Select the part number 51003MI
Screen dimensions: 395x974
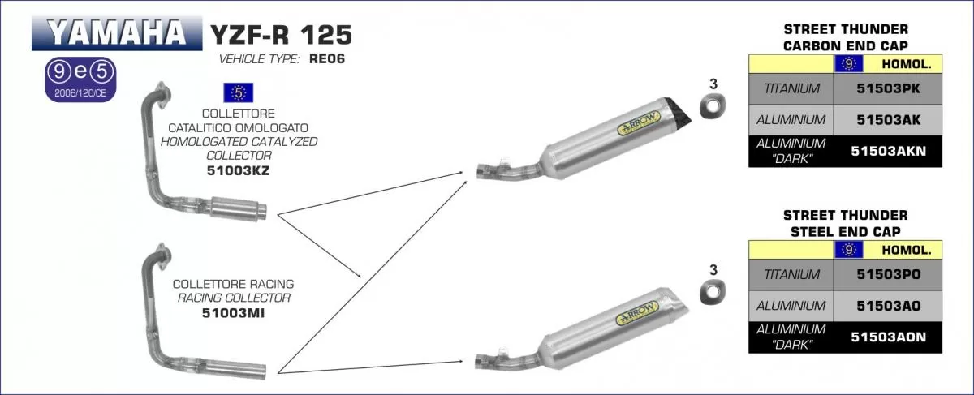click(233, 311)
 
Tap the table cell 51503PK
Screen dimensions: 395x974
click(888, 88)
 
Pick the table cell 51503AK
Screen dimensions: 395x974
click(888, 120)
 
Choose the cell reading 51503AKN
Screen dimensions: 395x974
click(888, 151)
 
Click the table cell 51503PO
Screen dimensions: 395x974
click(888, 275)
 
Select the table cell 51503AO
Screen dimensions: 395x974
click(888, 306)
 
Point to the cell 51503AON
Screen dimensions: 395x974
click(888, 337)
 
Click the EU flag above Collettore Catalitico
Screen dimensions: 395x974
click(238, 92)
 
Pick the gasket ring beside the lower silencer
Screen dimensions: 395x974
click(713, 291)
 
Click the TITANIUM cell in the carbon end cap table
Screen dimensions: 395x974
click(791, 88)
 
